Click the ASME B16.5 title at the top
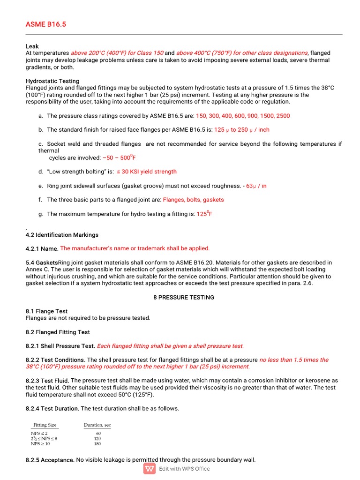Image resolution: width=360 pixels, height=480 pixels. click(x=45, y=24)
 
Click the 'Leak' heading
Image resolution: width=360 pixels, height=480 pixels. click(x=32, y=46)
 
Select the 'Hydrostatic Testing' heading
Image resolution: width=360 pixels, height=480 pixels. click(x=52, y=81)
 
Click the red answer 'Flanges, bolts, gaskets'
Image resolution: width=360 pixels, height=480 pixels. click(x=193, y=200)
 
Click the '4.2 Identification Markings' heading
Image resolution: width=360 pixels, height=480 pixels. click(x=62, y=235)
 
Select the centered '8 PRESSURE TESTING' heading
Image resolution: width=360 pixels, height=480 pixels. click(x=184, y=298)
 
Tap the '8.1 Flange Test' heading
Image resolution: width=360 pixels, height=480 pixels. click(x=46, y=311)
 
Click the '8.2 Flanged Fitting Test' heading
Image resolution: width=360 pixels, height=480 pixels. click(x=58, y=332)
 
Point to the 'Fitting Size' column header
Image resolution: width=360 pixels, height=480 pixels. click(x=45, y=425)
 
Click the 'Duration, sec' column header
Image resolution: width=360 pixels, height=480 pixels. click(x=97, y=425)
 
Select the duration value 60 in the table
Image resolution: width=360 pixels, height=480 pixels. click(x=98, y=434)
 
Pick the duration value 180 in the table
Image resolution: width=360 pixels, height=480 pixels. click(x=97, y=443)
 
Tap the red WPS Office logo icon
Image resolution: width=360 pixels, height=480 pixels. click(x=150, y=469)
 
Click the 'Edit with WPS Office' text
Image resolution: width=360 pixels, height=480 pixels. click(x=184, y=469)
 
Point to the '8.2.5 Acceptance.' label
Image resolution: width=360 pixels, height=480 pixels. click(x=50, y=460)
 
